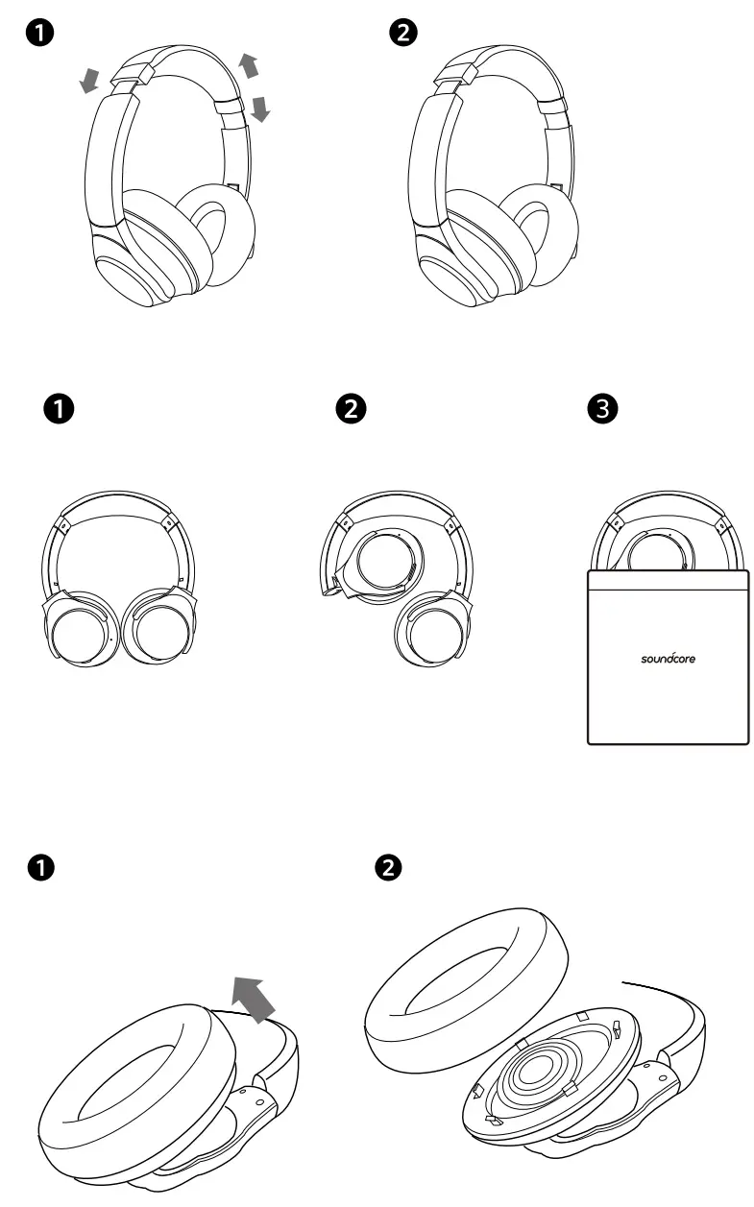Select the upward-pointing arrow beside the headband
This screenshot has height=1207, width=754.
tap(249, 65)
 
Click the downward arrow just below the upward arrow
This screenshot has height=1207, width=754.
tap(259, 109)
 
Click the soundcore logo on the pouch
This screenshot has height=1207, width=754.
tap(669, 659)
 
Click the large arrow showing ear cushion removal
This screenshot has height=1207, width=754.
tap(255, 996)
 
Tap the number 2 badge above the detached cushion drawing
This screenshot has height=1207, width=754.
tap(389, 868)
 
